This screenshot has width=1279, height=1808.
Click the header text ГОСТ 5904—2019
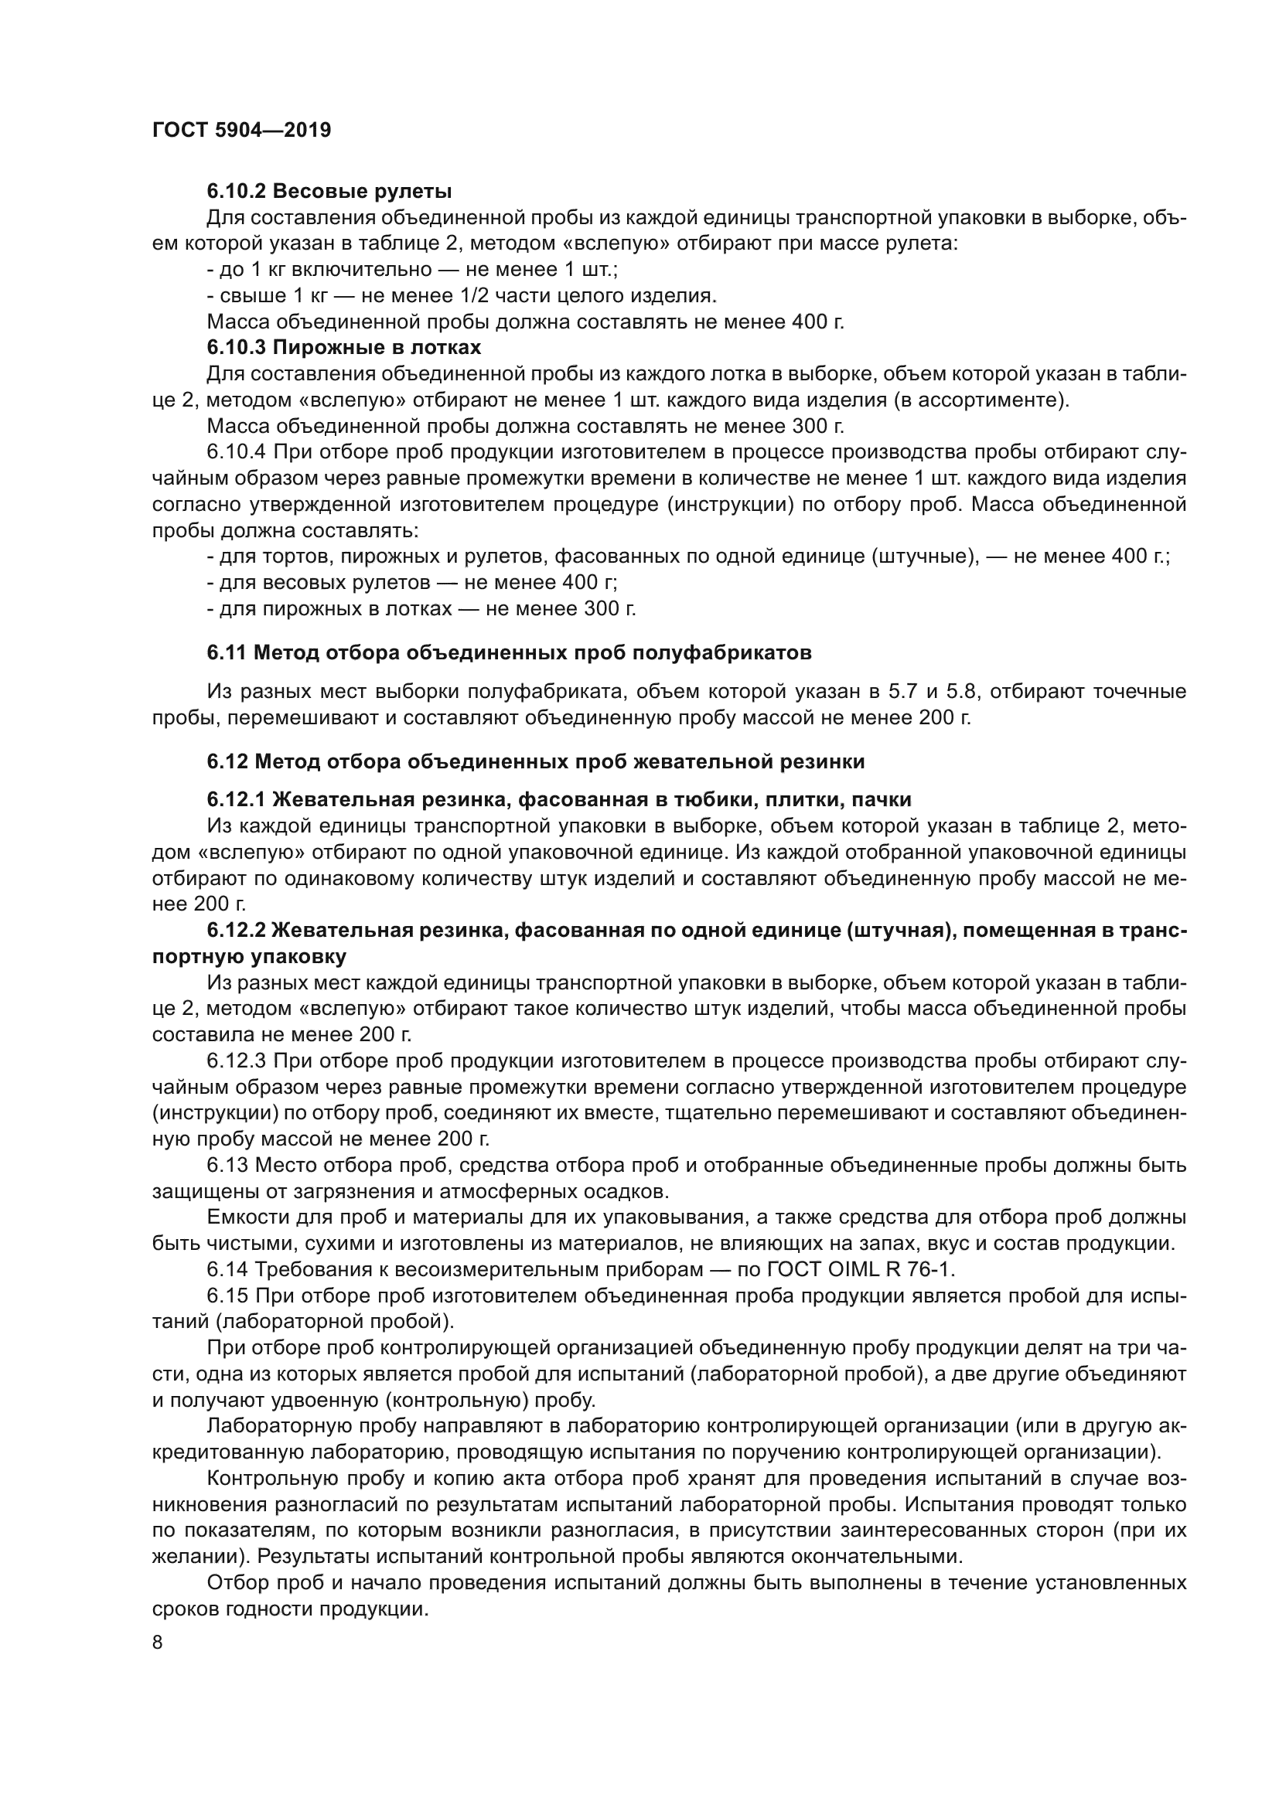click(x=241, y=130)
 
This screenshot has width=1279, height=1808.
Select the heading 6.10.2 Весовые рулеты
click(x=329, y=192)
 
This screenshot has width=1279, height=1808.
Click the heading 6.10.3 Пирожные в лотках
click(x=343, y=347)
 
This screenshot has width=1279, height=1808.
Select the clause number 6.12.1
click(x=236, y=800)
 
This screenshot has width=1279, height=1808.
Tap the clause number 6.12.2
click(x=236, y=931)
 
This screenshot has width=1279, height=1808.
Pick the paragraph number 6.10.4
click(x=236, y=452)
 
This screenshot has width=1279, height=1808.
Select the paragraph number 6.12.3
click(x=236, y=1061)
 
